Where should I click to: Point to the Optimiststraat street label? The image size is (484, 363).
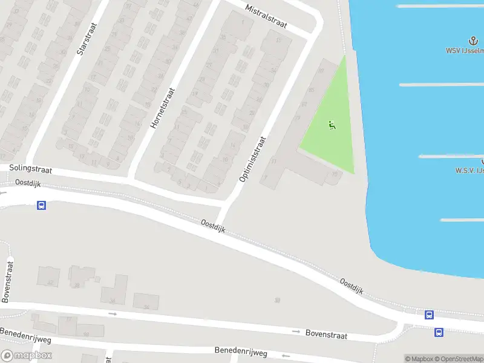coord(252,159)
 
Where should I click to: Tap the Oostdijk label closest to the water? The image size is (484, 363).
coord(351,286)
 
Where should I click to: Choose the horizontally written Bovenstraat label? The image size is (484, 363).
coord(326,333)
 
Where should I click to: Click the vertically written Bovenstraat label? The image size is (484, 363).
coord(7,281)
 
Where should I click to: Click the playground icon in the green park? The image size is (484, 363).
coord(332,125)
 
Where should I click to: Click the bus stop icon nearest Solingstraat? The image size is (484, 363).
coord(41,205)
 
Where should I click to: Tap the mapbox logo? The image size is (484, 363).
coord(25,356)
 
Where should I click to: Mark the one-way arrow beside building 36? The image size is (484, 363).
coord(113,313)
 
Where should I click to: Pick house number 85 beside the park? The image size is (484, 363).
coord(311,90)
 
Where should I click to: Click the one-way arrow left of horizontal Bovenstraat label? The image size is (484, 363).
coord(296,331)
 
